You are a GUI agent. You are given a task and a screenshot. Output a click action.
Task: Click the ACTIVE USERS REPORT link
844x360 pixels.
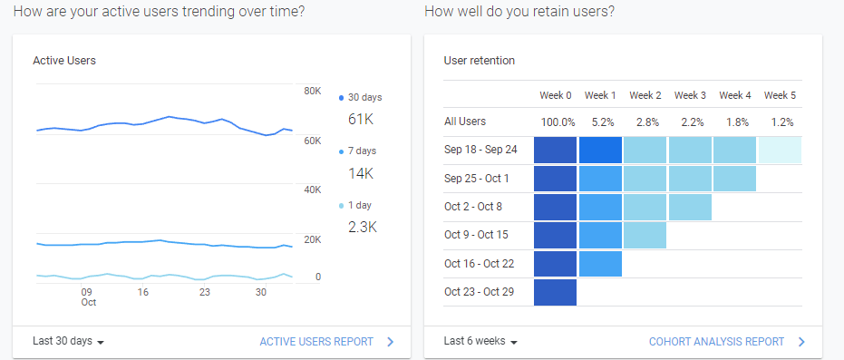click(316, 342)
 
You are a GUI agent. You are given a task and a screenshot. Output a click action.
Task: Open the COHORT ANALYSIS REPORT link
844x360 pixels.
click(716, 342)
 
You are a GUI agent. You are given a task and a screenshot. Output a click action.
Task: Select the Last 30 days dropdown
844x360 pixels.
click(69, 342)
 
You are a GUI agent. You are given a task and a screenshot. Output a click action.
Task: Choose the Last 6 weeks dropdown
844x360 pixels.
click(480, 342)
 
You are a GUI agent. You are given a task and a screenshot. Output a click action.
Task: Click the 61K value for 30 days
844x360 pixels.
click(361, 119)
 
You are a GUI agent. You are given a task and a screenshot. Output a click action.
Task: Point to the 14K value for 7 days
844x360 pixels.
click(361, 173)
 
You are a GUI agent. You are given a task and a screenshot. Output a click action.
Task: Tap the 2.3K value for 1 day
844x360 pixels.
click(363, 228)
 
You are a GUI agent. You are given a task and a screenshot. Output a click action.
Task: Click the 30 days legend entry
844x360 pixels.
click(364, 97)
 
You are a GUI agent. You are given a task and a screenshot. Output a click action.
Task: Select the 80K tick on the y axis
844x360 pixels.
click(312, 92)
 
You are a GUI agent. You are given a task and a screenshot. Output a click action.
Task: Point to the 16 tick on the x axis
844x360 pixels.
click(143, 292)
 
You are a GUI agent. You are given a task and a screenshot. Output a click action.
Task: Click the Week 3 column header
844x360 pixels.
click(690, 95)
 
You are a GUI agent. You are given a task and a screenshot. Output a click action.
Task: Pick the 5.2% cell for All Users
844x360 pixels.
click(600, 122)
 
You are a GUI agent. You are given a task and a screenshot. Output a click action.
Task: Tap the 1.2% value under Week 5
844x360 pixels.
click(780, 122)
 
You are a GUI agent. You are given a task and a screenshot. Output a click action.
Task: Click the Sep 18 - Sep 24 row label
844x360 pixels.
click(480, 150)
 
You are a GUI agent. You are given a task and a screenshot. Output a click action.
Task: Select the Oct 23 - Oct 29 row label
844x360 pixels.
click(480, 291)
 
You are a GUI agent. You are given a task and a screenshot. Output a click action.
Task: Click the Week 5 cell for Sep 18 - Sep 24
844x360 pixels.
click(780, 150)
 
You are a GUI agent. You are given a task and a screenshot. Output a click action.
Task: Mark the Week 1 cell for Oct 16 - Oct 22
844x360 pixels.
click(600, 263)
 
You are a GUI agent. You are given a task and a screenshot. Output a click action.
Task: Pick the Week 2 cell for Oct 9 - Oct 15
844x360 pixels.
click(645, 235)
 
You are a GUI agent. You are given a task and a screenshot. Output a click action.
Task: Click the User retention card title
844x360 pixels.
click(480, 61)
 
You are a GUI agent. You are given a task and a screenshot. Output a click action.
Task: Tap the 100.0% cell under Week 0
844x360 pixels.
click(558, 122)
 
